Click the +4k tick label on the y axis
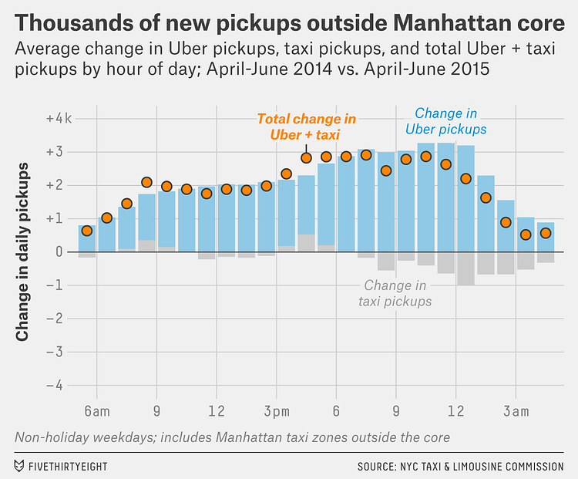[x=59, y=119]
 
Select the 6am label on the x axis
[x=97, y=412]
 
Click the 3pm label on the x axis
[x=276, y=412]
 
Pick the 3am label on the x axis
[x=516, y=412]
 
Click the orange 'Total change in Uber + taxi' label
[x=306, y=126]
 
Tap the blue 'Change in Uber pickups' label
[x=451, y=120]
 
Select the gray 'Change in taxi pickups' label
[x=395, y=293]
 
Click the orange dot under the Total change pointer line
[x=306, y=157]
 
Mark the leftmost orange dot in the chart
[x=87, y=231]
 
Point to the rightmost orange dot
[x=546, y=233]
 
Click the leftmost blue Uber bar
[x=87, y=238]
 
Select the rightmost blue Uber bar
[x=546, y=237]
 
